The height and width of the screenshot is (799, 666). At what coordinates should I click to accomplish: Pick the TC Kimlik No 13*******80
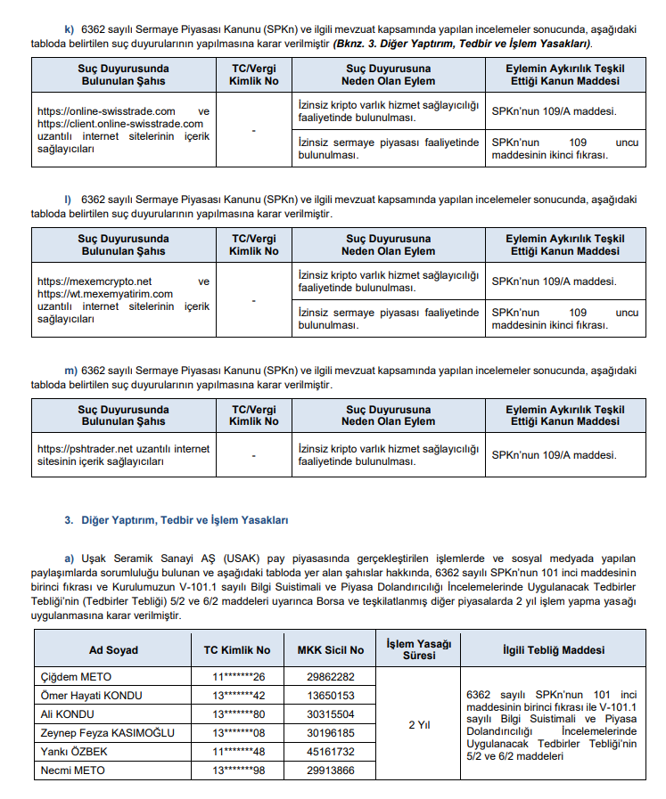(x=237, y=714)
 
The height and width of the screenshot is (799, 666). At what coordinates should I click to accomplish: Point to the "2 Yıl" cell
(x=419, y=724)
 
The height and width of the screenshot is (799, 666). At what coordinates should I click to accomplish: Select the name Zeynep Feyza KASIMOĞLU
(x=108, y=733)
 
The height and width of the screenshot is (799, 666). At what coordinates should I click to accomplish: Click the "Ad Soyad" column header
(x=113, y=650)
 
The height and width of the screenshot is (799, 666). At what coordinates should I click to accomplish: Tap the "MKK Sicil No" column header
(x=330, y=650)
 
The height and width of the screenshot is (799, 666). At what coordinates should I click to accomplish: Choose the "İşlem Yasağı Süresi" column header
(x=419, y=649)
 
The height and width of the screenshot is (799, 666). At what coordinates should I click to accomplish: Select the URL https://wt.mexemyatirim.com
(x=105, y=293)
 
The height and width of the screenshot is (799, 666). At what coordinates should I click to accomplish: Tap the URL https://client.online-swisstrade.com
(x=120, y=123)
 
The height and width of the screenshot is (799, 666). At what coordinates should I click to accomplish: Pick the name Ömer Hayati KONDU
(x=93, y=696)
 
